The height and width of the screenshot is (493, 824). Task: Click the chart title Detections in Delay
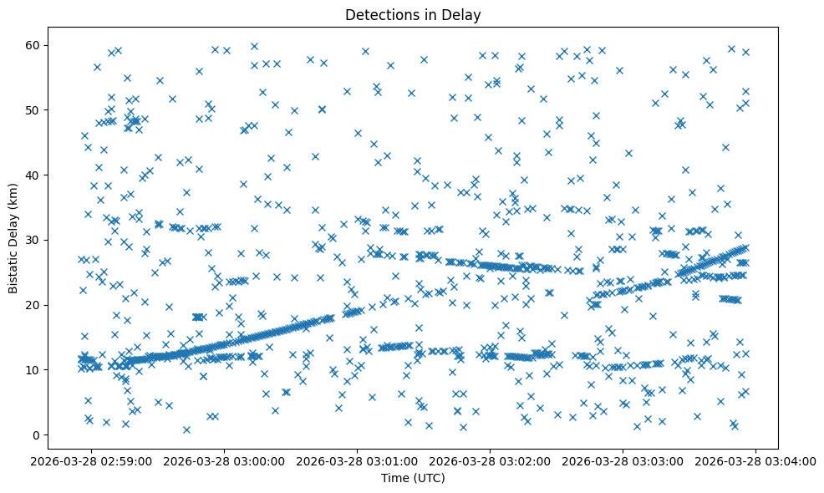click(413, 14)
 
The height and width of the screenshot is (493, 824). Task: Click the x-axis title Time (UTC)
click(413, 478)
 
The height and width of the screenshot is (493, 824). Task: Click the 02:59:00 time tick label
click(92, 460)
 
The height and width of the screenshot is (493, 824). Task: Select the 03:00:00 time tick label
click(225, 460)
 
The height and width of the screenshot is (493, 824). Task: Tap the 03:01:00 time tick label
click(358, 460)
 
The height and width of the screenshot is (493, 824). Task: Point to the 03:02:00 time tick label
click(491, 460)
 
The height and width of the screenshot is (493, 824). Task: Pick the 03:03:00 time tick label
click(623, 460)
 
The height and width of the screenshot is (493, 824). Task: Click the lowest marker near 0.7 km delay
click(186, 430)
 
